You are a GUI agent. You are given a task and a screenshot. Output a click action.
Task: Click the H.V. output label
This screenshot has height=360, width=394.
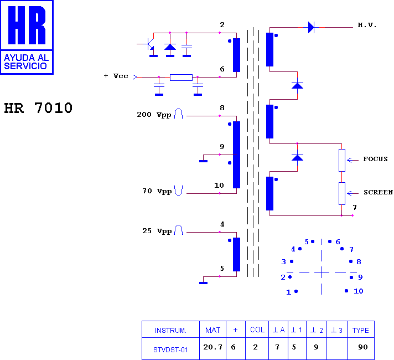(367, 25)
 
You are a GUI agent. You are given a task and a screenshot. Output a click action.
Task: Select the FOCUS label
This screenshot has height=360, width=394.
(375, 159)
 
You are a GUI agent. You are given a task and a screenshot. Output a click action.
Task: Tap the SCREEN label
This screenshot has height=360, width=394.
(378, 192)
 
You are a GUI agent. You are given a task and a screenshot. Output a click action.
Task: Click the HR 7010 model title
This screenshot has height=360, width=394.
(38, 108)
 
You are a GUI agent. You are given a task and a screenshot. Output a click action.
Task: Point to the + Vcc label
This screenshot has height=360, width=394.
(116, 76)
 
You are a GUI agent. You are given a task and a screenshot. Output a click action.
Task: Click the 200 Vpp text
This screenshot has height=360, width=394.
(154, 115)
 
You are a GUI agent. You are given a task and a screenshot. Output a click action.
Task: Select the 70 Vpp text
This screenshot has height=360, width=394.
(157, 191)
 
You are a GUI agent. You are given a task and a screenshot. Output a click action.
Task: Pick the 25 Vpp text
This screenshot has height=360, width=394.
(157, 231)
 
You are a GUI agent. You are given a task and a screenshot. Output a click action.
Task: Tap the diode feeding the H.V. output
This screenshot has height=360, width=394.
(312, 27)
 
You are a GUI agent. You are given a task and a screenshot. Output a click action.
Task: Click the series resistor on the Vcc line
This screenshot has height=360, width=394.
(181, 77)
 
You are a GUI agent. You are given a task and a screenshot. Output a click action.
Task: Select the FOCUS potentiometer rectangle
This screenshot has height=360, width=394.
(342, 160)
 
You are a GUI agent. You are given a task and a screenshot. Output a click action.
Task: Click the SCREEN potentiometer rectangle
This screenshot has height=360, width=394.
(342, 193)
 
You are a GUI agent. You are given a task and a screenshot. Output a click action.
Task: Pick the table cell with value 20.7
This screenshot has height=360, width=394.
(213, 348)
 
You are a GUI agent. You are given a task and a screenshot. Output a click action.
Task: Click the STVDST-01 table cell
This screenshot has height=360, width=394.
(170, 349)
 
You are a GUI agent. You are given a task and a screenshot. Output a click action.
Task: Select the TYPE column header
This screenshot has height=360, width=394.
(361, 330)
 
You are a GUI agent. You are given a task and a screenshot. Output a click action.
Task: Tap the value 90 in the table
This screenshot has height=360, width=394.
(363, 347)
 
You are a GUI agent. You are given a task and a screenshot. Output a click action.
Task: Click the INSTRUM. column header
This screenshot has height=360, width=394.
(170, 330)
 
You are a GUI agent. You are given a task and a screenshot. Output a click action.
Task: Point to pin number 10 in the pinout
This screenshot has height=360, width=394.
(359, 291)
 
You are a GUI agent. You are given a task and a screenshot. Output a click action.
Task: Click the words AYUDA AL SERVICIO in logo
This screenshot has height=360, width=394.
(26, 61)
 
